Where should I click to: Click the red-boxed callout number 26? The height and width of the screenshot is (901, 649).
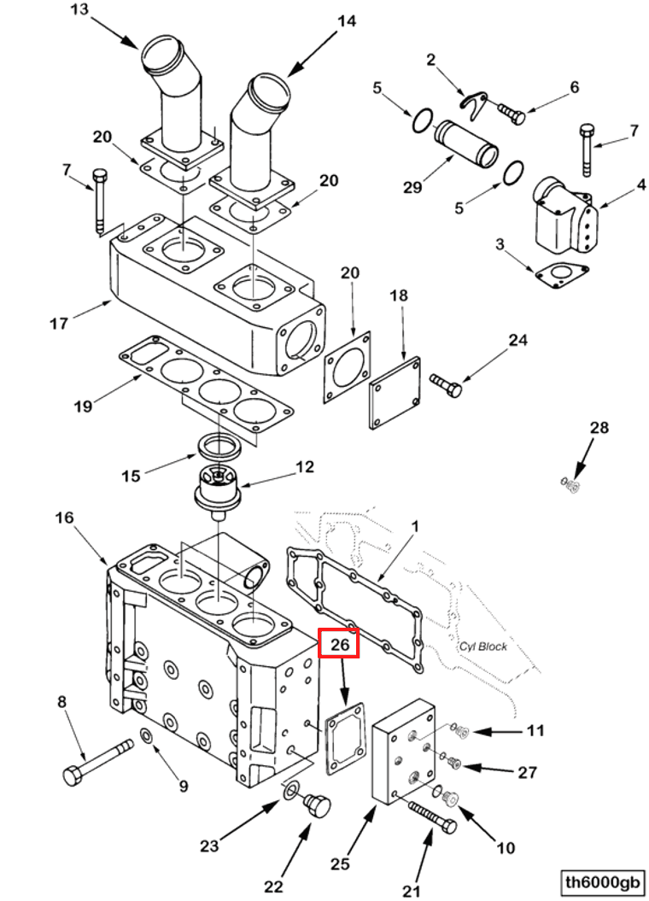tap(340, 644)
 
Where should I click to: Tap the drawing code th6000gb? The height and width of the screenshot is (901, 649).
tap(602, 881)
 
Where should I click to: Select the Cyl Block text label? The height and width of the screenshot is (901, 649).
tap(482, 646)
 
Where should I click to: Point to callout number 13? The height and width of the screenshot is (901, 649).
tap(79, 10)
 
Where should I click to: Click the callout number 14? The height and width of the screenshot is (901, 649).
tap(346, 22)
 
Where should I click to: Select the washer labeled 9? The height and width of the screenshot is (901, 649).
tap(147, 736)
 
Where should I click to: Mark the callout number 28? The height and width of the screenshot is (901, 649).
tap(600, 428)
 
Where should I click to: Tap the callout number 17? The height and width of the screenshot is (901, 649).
tap(58, 324)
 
